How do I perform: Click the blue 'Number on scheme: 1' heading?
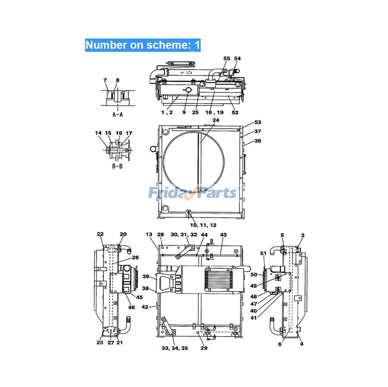(143, 45)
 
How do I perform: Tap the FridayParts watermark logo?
(193, 192)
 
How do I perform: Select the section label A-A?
(117, 115)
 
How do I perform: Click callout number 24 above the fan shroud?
(216, 121)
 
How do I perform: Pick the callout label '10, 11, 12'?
(202, 225)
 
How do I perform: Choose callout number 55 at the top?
(227, 58)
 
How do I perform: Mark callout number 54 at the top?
(238, 58)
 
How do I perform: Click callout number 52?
(235, 112)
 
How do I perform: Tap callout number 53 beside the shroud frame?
(257, 123)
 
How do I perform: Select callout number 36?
(257, 141)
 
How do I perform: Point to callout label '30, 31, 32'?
(184, 235)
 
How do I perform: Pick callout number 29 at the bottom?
(203, 348)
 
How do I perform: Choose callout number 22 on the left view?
(100, 234)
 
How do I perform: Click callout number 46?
(131, 307)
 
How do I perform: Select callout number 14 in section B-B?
(98, 133)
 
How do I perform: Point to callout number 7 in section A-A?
(105, 80)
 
